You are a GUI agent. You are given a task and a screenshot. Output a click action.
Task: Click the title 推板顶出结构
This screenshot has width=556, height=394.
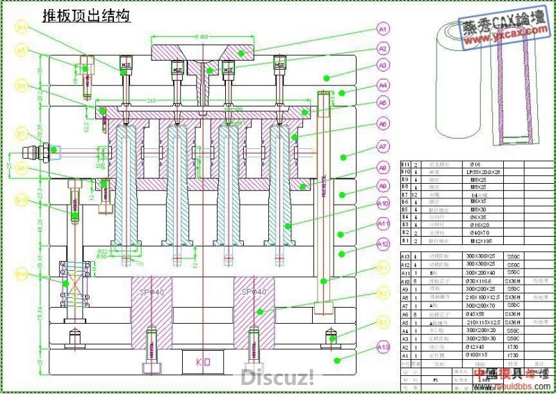click(87, 16)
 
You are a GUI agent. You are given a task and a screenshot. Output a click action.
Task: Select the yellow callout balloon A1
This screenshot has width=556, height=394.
click(383, 29)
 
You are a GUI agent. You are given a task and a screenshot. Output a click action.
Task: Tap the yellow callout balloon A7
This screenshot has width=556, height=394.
click(383, 147)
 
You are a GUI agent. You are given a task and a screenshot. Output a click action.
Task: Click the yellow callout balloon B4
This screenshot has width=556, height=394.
click(22, 27)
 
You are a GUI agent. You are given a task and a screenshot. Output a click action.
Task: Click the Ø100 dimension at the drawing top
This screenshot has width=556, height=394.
click(202, 36)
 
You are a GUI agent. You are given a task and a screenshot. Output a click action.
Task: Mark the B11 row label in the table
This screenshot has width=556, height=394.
click(408, 164)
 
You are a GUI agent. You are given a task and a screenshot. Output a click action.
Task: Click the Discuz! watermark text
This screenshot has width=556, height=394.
click(277, 377)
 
